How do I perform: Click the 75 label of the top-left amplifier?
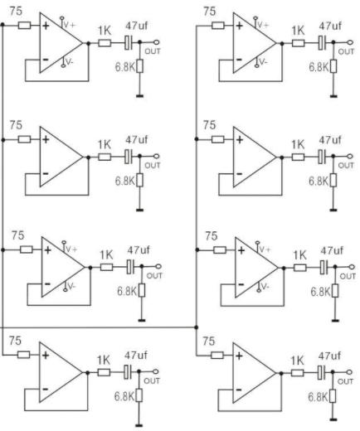pos(16,12)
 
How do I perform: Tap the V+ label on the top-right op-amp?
pos(263,25)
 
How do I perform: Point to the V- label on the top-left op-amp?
pos(69,62)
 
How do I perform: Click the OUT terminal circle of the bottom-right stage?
pos(349,372)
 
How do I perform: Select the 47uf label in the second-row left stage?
pos(137,140)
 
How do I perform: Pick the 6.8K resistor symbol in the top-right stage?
pos(333,66)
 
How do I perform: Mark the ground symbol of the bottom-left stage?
pos(139,425)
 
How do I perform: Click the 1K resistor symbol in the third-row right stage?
pos(300,268)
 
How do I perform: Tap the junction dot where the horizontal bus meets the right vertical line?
pos(197,327)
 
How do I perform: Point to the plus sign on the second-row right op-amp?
pos(240,140)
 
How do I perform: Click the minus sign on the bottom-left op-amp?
pos(46,389)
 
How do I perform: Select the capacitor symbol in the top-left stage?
pos(128,43)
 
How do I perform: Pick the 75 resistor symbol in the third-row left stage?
pos(27,249)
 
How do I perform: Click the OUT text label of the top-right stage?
pos(346,51)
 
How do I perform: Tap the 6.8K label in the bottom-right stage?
pos(318,397)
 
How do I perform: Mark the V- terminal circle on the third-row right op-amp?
pos(259,290)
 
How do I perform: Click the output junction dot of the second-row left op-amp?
pos(89,157)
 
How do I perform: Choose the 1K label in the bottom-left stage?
pos(104,361)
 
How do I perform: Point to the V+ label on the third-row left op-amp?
pos(71,249)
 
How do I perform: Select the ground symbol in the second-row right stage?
pos(333,211)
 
